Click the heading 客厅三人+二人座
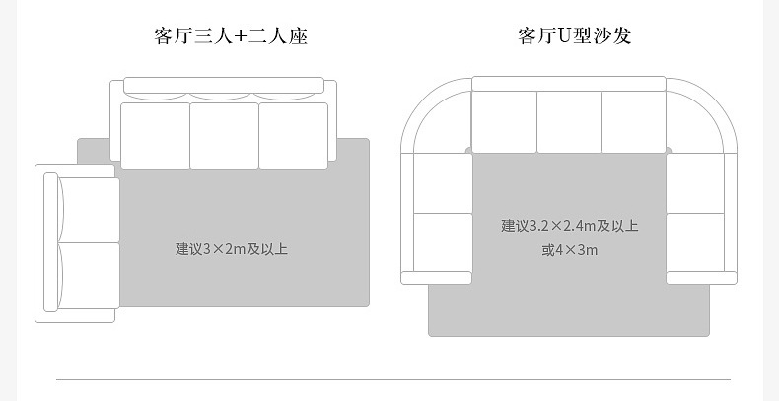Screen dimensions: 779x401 [231, 37]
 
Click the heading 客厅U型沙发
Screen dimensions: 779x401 [574, 37]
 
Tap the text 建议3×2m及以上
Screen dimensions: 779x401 [232, 249]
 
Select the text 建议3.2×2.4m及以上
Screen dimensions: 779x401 [569, 226]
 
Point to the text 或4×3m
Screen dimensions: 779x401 [569, 250]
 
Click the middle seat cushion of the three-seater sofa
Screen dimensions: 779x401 [224, 135]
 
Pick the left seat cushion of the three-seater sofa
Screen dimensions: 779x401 [155, 135]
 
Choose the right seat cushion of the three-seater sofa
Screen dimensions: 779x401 [293, 135]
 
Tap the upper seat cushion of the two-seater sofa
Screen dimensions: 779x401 [90, 210]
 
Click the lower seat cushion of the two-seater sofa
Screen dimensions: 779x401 [90, 276]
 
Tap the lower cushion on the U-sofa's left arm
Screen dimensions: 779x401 [443, 242]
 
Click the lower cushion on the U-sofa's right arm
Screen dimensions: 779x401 [695, 242]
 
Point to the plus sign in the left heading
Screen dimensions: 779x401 [241, 37]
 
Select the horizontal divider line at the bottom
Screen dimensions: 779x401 [392, 379]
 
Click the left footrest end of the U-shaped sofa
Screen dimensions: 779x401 [436, 278]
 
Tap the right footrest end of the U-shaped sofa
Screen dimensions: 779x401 [701, 278]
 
